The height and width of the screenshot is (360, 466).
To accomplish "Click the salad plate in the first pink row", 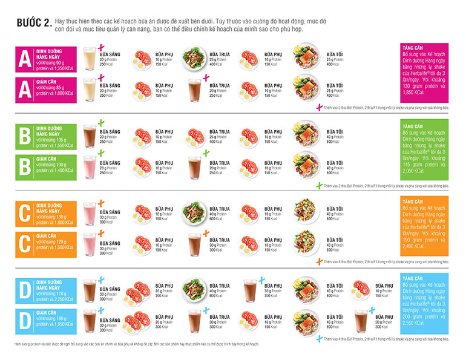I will [195, 59].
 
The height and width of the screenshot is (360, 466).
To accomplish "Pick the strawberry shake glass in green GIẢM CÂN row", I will [90, 165].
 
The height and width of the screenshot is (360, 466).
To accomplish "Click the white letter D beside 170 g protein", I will [25, 291].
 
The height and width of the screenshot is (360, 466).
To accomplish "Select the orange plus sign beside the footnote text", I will [319, 261].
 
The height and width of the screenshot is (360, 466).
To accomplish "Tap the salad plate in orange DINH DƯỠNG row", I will [195, 212].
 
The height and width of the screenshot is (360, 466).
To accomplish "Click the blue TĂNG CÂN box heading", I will [413, 279].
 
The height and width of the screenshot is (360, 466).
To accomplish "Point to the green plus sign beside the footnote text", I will [319, 185].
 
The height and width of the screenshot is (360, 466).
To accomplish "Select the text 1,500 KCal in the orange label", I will [62, 247].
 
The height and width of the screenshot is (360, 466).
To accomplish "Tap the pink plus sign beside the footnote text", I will [319, 108].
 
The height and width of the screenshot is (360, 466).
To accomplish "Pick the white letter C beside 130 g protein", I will [25, 212].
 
